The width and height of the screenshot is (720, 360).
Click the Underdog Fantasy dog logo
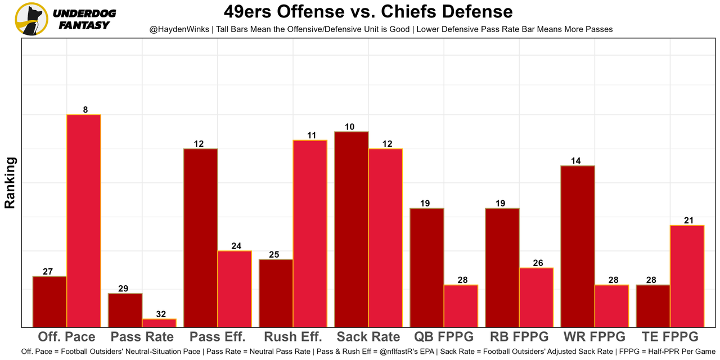click(x=31, y=19)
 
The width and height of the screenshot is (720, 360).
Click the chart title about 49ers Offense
click(x=368, y=11)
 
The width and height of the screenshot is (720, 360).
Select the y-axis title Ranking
click(x=10, y=183)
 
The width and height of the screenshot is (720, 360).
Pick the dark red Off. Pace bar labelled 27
click(x=49, y=301)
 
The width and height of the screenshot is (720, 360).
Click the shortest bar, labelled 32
click(x=159, y=323)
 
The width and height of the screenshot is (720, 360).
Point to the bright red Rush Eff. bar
click(x=310, y=233)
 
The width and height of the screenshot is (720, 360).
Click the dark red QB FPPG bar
click(x=427, y=267)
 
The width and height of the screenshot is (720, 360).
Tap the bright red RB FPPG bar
click(x=536, y=297)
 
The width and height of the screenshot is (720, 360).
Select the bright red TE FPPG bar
click(x=687, y=276)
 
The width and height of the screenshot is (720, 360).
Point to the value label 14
click(x=575, y=161)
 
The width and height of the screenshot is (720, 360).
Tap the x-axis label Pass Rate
click(x=142, y=337)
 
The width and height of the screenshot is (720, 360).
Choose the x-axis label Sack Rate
click(x=368, y=337)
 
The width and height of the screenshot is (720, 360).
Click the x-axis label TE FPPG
click(x=670, y=337)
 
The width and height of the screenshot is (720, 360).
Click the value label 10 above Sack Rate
click(x=349, y=127)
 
